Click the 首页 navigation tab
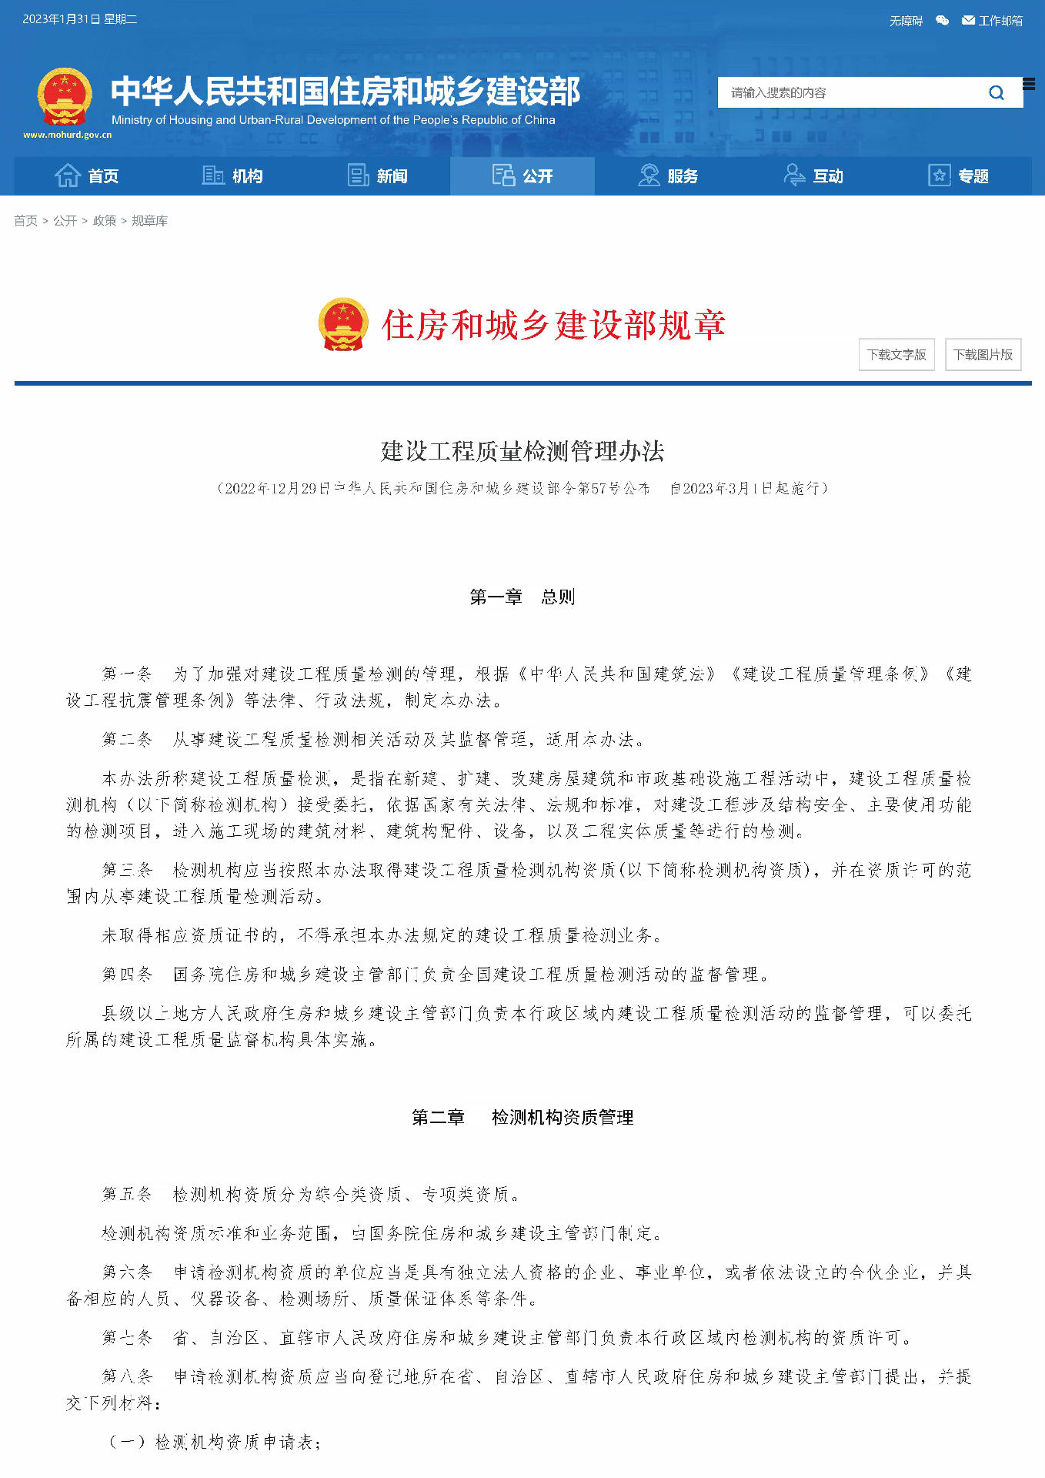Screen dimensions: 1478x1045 (x=87, y=176)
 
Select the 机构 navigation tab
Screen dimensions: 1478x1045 (x=232, y=176)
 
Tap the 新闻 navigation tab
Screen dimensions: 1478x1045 (x=377, y=176)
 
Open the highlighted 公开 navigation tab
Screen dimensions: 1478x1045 (x=522, y=176)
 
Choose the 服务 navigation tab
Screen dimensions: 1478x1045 (x=668, y=176)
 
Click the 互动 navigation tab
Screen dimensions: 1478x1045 (x=813, y=176)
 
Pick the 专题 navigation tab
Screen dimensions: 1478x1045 (x=958, y=176)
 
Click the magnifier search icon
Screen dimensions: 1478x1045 (x=997, y=93)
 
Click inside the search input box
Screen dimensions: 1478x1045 (x=846, y=93)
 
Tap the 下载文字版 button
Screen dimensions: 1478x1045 (x=896, y=355)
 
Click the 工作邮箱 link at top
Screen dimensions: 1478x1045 (x=993, y=21)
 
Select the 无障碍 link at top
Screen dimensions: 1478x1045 (x=906, y=21)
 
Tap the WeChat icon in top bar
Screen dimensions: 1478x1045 (x=942, y=21)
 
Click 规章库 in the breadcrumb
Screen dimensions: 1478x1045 (x=149, y=221)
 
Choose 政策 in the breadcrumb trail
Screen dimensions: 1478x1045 (x=105, y=221)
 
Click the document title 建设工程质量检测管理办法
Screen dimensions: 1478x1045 (x=522, y=451)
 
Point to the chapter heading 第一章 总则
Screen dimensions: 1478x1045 (x=522, y=597)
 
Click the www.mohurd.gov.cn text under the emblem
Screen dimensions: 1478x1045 (x=67, y=135)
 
